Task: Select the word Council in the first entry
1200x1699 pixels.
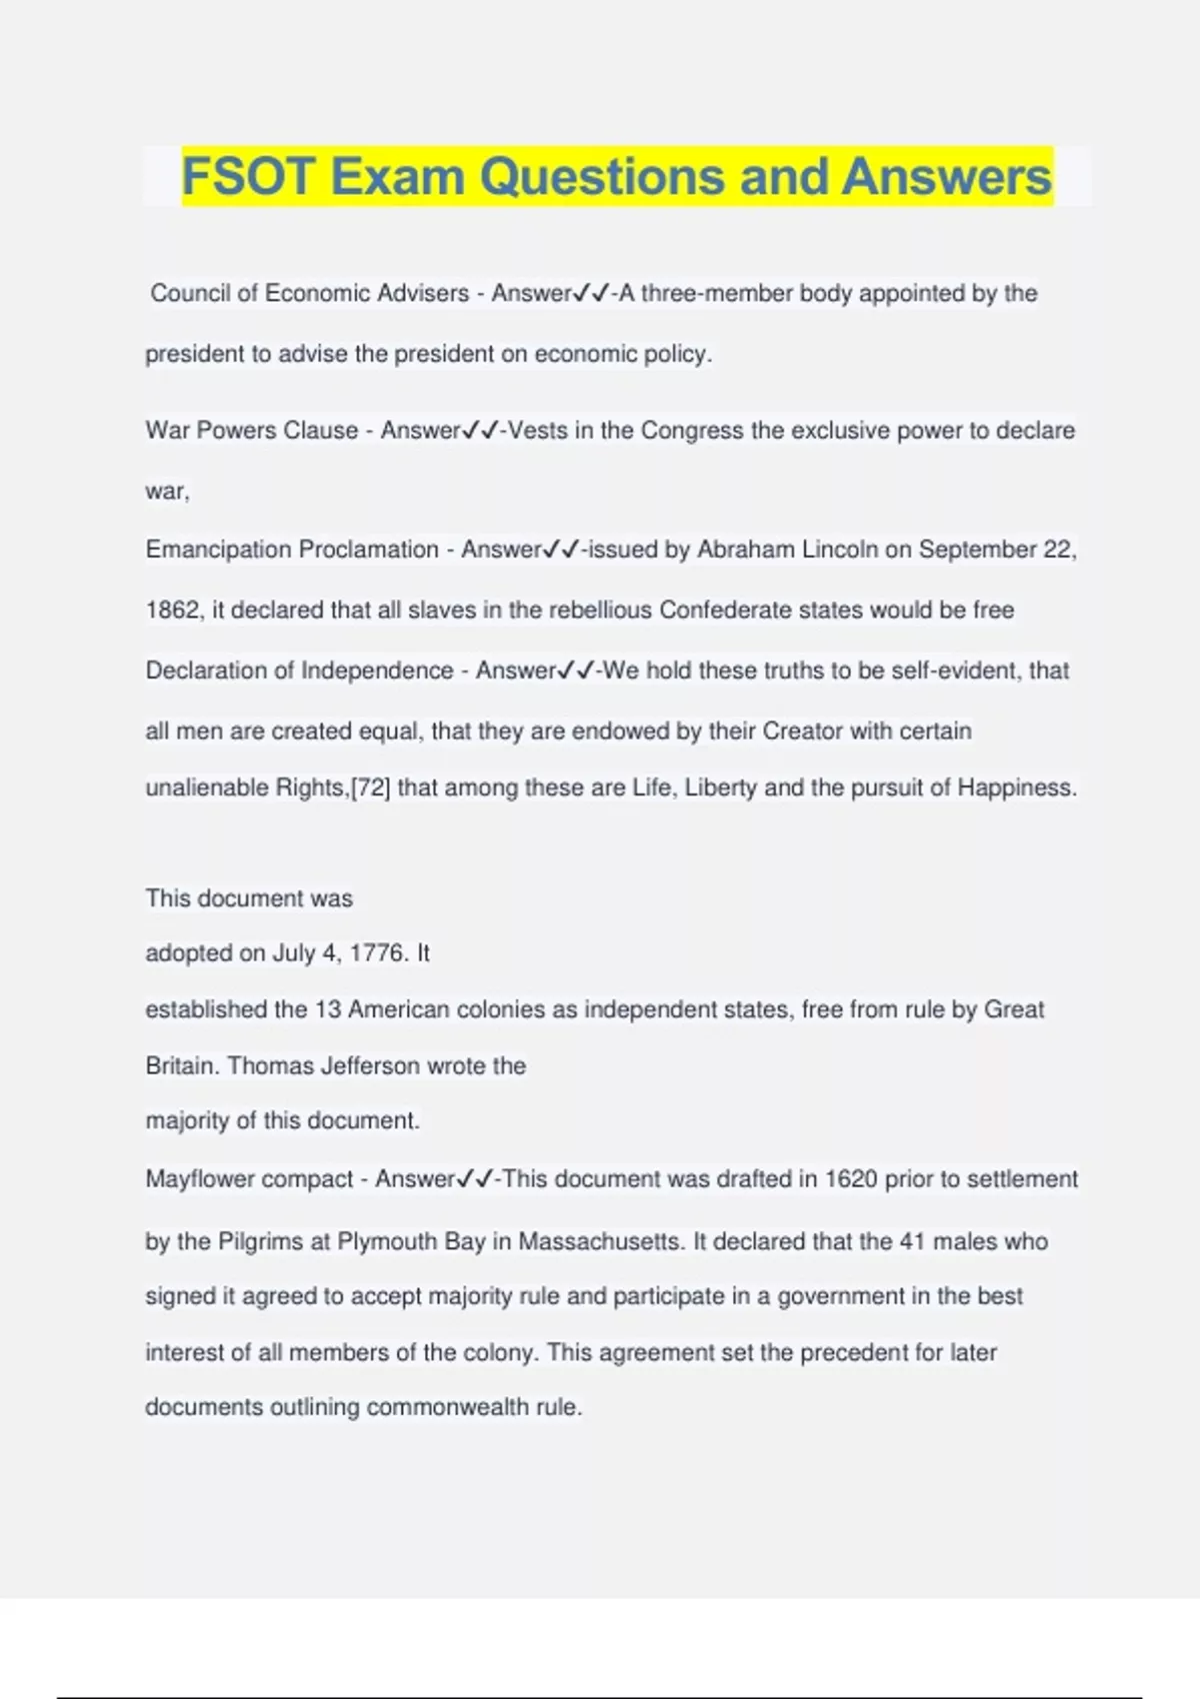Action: tap(190, 293)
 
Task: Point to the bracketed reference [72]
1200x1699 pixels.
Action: tap(370, 788)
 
